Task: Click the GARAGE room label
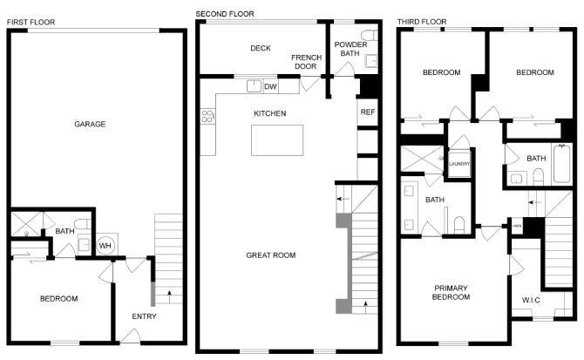click(90, 125)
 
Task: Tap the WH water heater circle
click(105, 245)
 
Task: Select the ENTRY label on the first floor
click(144, 316)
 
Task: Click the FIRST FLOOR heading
click(31, 19)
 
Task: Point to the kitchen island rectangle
click(278, 139)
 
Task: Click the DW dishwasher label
click(270, 86)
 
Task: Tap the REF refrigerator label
click(367, 112)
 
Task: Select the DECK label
click(260, 49)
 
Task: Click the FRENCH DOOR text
click(306, 61)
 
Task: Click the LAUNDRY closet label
click(458, 164)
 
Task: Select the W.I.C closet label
click(530, 302)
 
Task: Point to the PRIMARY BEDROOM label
click(451, 293)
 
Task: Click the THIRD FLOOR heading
click(422, 19)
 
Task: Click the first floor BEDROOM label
click(58, 299)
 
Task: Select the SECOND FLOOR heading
click(225, 14)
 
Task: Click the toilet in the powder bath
click(368, 36)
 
